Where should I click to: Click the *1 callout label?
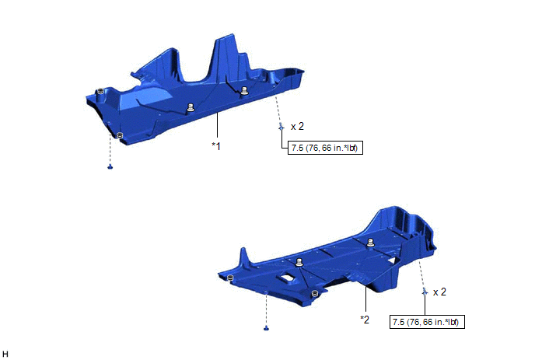pyautogui.click(x=216, y=146)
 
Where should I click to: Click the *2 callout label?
pyautogui.click(x=365, y=320)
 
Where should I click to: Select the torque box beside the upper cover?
pyautogui.click(x=325, y=148)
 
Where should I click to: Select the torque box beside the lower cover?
pyautogui.click(x=427, y=322)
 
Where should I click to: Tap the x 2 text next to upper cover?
pyautogui.click(x=297, y=127)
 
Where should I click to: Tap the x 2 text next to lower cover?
pyautogui.click(x=439, y=292)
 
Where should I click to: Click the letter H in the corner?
pyautogui.click(x=5, y=354)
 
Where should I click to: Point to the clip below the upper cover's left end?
pyautogui.click(x=110, y=167)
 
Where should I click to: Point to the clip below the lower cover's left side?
pyautogui.click(x=267, y=328)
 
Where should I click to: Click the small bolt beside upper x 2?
pyautogui.click(x=281, y=127)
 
